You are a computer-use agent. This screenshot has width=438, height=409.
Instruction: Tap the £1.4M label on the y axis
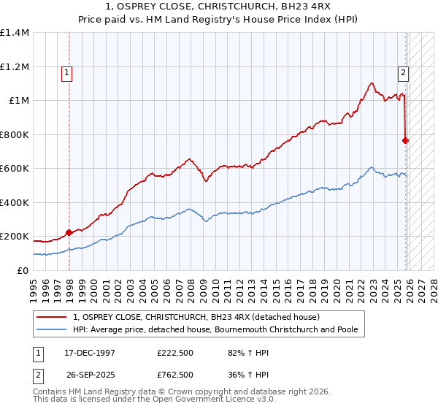coord(15,33)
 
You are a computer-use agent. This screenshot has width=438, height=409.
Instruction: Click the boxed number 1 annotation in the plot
coord(66,72)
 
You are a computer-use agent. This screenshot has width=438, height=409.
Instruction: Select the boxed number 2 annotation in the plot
coord(403,72)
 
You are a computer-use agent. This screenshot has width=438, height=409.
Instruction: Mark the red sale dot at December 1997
coord(69,233)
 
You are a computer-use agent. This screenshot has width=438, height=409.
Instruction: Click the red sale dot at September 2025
coord(406,140)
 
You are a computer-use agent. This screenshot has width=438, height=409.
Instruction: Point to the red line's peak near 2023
coord(372,83)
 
